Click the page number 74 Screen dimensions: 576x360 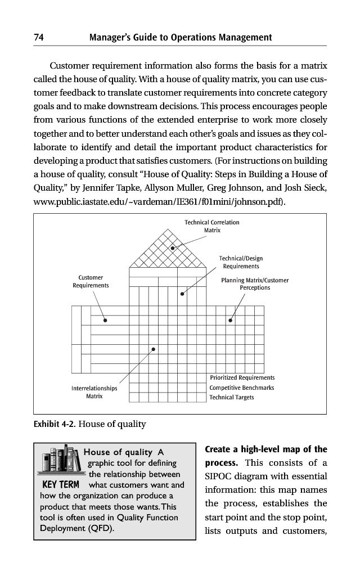pos(39,38)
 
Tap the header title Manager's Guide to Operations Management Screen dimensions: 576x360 pos(181,38)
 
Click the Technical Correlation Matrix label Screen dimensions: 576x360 pos(212,226)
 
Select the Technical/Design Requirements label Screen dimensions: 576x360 pos(241,262)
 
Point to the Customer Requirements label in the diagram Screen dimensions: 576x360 pos(91,281)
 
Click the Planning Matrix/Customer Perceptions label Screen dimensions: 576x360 pos(255,283)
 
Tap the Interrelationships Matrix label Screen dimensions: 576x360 pos(94,392)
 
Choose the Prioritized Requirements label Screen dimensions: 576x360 pos(242,377)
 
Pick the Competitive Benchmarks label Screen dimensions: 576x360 pos(242,388)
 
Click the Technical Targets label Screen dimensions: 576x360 pos(232,397)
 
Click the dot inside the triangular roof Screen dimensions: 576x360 pos(173,247)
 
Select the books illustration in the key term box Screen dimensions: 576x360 pos(61,461)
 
